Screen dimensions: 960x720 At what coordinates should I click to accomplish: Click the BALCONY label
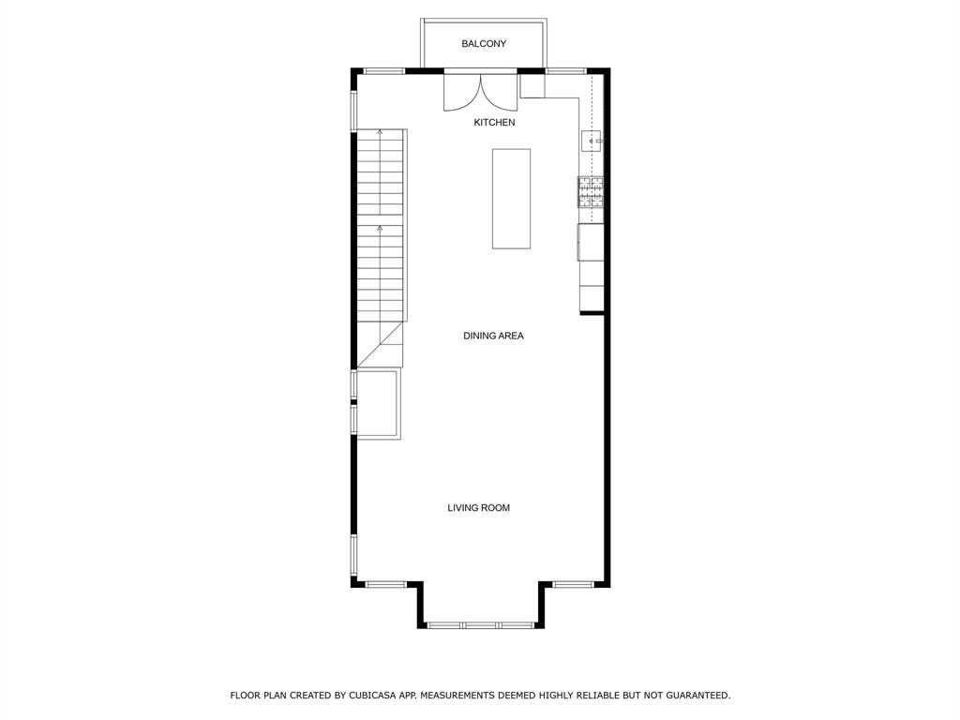484,43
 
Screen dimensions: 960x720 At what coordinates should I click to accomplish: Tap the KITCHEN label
494,123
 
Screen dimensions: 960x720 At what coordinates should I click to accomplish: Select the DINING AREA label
493,336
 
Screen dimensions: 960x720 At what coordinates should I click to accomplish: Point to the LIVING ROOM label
478,507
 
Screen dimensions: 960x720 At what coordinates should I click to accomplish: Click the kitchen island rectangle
511,199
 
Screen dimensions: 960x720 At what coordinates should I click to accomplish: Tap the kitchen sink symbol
592,142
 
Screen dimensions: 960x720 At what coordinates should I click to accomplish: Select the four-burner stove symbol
591,192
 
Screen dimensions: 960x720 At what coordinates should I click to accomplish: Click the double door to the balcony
481,92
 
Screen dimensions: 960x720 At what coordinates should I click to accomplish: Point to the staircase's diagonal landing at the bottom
380,345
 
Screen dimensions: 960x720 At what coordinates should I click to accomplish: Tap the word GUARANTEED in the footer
698,696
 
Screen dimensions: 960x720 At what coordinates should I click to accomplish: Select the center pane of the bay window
480,625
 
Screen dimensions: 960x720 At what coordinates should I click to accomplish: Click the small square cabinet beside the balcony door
532,85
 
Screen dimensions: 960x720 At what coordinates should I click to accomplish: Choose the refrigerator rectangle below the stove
591,243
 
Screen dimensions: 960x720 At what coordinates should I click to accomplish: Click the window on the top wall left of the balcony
383,71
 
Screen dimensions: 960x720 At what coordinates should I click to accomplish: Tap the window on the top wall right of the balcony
566,71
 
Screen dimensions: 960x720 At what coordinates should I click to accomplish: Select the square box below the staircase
379,404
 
